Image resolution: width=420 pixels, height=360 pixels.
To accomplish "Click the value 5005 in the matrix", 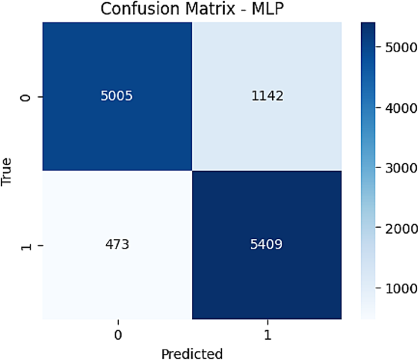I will point(116,97).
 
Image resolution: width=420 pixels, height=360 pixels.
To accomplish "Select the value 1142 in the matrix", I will point(266,97).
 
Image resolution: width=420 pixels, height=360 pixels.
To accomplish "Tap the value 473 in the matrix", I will point(116,245).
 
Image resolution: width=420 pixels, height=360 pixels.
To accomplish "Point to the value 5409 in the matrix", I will point(266,245).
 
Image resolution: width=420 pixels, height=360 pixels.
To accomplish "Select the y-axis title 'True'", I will point(7,172).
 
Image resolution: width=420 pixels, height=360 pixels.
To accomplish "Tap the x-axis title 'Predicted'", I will point(191,353).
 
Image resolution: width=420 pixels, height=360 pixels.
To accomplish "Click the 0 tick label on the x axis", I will point(116,335).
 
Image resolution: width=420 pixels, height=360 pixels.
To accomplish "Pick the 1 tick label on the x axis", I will point(266,335).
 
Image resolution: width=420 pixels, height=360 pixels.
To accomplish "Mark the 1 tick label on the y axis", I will point(25,245).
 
